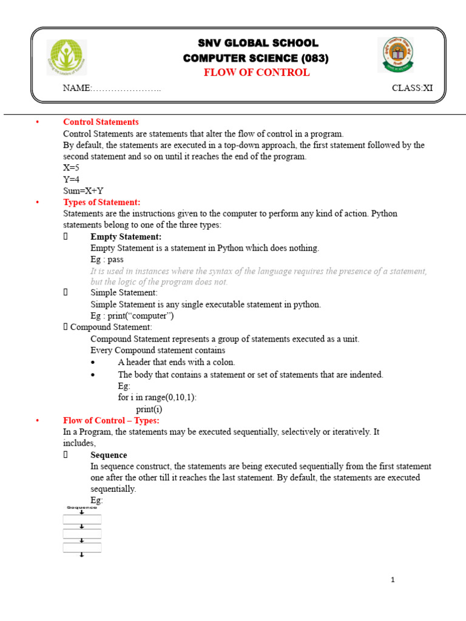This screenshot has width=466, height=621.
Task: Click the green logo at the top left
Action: [67, 58]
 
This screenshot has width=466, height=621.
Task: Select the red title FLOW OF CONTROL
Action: [256, 73]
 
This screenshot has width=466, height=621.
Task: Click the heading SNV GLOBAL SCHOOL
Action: [257, 43]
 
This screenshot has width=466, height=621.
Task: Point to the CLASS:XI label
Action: [412, 88]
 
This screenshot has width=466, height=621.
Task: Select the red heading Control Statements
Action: [101, 123]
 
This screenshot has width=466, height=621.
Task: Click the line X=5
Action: [71, 168]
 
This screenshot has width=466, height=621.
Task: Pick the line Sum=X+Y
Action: [83, 190]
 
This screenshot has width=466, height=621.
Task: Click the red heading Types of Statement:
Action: [101, 203]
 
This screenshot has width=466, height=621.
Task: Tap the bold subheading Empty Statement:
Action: [126, 237]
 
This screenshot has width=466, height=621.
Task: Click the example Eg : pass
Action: [107, 260]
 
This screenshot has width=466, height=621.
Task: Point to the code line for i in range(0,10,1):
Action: [157, 398]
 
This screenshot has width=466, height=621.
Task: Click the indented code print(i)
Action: [149, 409]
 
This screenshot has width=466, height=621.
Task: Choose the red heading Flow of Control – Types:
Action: [111, 420]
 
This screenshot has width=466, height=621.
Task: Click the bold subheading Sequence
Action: [109, 455]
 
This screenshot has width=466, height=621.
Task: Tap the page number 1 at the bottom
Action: [393, 580]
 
